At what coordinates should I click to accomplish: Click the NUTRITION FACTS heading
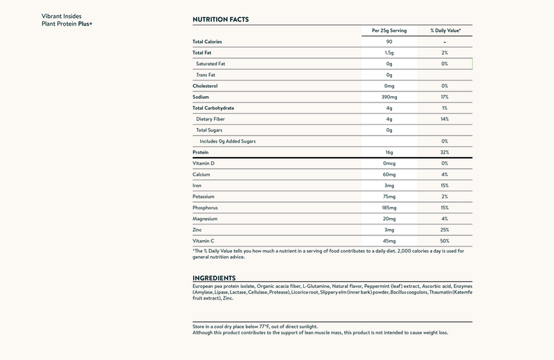(x=220, y=19)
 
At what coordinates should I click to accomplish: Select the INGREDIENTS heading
(x=215, y=278)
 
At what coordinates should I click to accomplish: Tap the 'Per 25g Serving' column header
(x=389, y=30)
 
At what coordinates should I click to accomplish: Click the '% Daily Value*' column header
(x=445, y=30)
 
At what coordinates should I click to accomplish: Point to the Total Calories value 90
(x=389, y=42)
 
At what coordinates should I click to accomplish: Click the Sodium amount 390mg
(x=389, y=97)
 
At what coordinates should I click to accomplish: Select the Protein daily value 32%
(x=445, y=152)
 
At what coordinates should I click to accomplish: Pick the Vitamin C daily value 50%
(x=445, y=240)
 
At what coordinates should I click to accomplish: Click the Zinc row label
(x=197, y=229)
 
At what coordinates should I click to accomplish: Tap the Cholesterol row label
(x=205, y=86)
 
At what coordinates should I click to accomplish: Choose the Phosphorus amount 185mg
(x=389, y=207)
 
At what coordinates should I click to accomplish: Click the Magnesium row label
(x=205, y=218)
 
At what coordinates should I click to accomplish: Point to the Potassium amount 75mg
(x=389, y=196)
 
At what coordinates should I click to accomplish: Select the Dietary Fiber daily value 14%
(x=445, y=119)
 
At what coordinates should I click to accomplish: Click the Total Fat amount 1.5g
(x=389, y=53)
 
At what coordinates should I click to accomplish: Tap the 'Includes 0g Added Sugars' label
(x=229, y=141)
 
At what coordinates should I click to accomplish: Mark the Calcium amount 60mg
(x=389, y=174)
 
